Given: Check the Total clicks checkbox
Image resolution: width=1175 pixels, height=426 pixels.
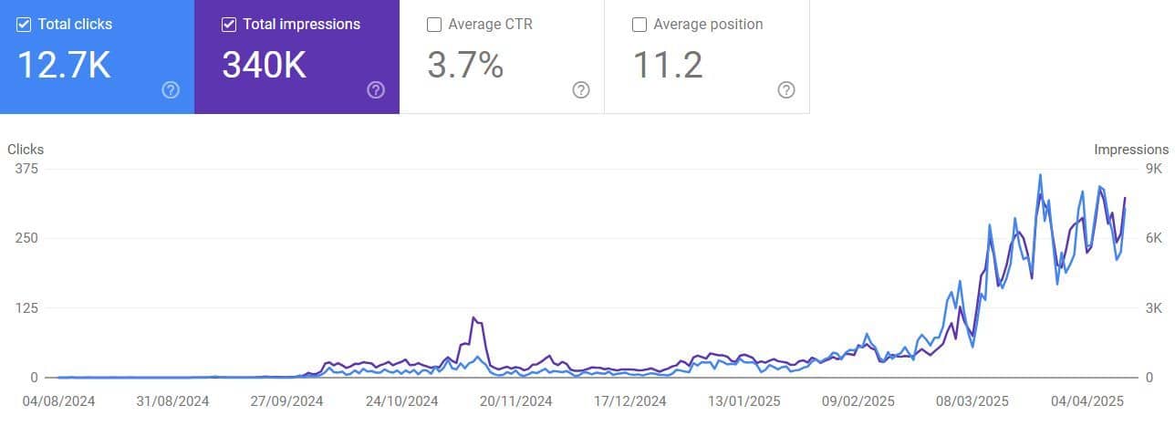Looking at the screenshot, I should point(24,25).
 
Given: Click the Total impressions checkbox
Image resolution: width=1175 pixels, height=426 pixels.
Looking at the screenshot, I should point(229,25).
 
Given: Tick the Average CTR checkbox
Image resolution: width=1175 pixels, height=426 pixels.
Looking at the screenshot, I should point(434,25).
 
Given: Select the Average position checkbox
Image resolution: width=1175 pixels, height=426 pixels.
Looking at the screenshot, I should point(639,25).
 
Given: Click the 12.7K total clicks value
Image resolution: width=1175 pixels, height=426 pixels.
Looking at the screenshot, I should point(63,65).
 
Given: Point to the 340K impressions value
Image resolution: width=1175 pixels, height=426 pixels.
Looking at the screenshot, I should point(264,65).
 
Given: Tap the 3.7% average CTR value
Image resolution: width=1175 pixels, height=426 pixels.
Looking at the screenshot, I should point(465,65).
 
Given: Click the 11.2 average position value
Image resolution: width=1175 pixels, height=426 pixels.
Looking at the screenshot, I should point(668,65).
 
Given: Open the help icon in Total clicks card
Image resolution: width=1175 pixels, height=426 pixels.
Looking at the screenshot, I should point(171,89).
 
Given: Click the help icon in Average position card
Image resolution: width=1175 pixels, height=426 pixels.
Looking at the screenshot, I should point(786,89).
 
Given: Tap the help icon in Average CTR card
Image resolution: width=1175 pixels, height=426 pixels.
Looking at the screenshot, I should point(581,89).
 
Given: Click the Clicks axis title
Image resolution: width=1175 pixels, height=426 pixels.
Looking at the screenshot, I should point(26,150).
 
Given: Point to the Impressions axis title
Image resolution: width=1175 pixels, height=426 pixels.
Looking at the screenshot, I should point(1131,150).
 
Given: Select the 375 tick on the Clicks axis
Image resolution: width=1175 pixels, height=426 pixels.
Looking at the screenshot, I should point(26,169).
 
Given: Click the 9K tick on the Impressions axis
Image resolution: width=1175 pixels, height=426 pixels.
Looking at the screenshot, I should point(1153,169).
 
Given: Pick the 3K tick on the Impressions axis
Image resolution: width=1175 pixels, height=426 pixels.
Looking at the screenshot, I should point(1153,308).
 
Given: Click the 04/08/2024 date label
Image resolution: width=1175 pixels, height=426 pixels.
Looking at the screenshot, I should point(58,400).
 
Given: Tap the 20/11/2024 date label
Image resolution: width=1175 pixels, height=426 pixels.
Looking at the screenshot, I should point(516,400).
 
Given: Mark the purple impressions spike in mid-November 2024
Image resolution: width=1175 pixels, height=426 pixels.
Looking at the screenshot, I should point(473,318).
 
